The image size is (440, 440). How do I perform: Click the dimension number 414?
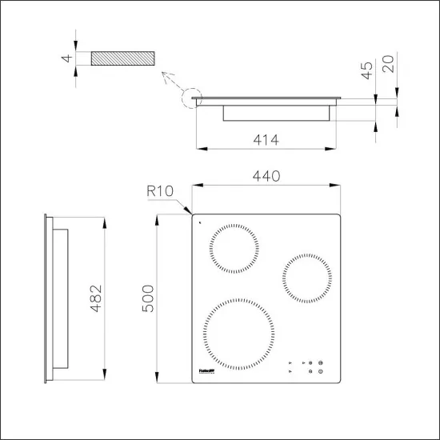click(x=266, y=140)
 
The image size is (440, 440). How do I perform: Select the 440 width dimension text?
click(x=266, y=177)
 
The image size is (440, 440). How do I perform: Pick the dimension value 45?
click(x=368, y=70)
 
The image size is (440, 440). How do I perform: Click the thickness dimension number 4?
click(x=69, y=59)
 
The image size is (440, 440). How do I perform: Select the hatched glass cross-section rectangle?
click(x=122, y=60)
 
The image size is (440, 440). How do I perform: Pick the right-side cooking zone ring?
click(x=306, y=278)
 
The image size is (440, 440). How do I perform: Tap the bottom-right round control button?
click(x=320, y=371)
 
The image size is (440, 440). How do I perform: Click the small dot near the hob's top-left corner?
click(x=199, y=223)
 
